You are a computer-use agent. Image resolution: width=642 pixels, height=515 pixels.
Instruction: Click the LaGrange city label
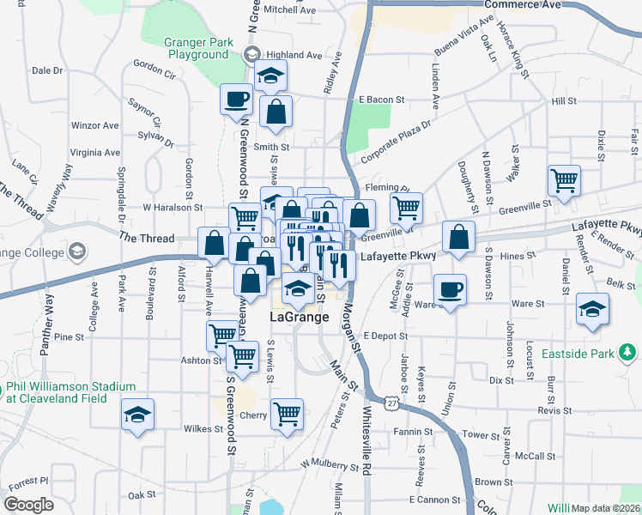(x=300, y=317)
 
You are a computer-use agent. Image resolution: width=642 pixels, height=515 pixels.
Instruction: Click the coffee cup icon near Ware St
(x=450, y=289)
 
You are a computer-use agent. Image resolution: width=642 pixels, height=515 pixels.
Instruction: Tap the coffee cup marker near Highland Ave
(x=237, y=99)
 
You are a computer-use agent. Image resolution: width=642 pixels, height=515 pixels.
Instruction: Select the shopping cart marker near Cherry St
(x=288, y=414)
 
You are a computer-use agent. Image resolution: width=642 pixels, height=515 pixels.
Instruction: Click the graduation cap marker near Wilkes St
(x=137, y=415)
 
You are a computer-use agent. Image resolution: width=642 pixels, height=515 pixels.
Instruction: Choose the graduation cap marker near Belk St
(x=592, y=309)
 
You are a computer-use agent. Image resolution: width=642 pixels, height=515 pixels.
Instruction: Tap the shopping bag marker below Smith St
(x=276, y=112)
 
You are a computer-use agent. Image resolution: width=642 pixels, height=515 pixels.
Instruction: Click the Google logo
(x=28, y=505)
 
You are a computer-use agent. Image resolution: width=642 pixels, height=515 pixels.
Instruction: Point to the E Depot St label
(x=383, y=336)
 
